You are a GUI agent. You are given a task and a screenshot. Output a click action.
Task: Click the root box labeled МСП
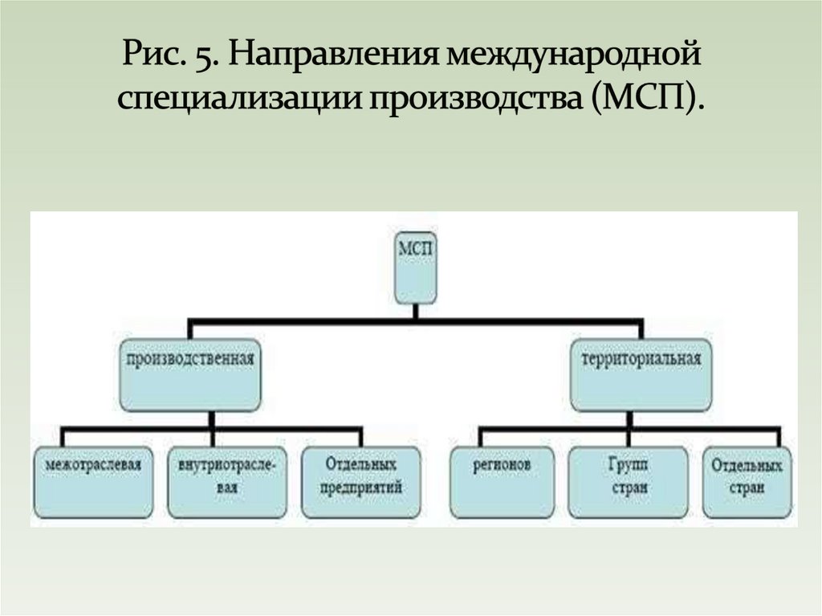(x=417, y=268)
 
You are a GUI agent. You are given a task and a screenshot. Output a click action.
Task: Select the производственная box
(x=190, y=374)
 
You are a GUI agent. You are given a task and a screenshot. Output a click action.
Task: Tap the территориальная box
(x=641, y=374)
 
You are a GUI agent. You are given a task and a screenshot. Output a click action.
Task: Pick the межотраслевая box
(x=94, y=481)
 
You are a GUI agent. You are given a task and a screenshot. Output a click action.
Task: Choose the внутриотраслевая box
(x=228, y=481)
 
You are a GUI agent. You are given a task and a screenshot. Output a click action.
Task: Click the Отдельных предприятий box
(x=362, y=481)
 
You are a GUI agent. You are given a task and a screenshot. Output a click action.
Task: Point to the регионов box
(x=502, y=481)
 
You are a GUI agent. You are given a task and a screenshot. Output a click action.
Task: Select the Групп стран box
(x=628, y=481)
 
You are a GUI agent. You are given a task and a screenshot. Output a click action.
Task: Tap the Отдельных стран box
(x=747, y=481)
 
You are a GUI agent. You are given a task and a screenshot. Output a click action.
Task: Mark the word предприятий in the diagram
(x=363, y=487)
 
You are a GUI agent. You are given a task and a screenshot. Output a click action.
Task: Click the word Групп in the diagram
(x=629, y=465)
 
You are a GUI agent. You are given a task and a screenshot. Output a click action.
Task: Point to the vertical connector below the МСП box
(x=417, y=312)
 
